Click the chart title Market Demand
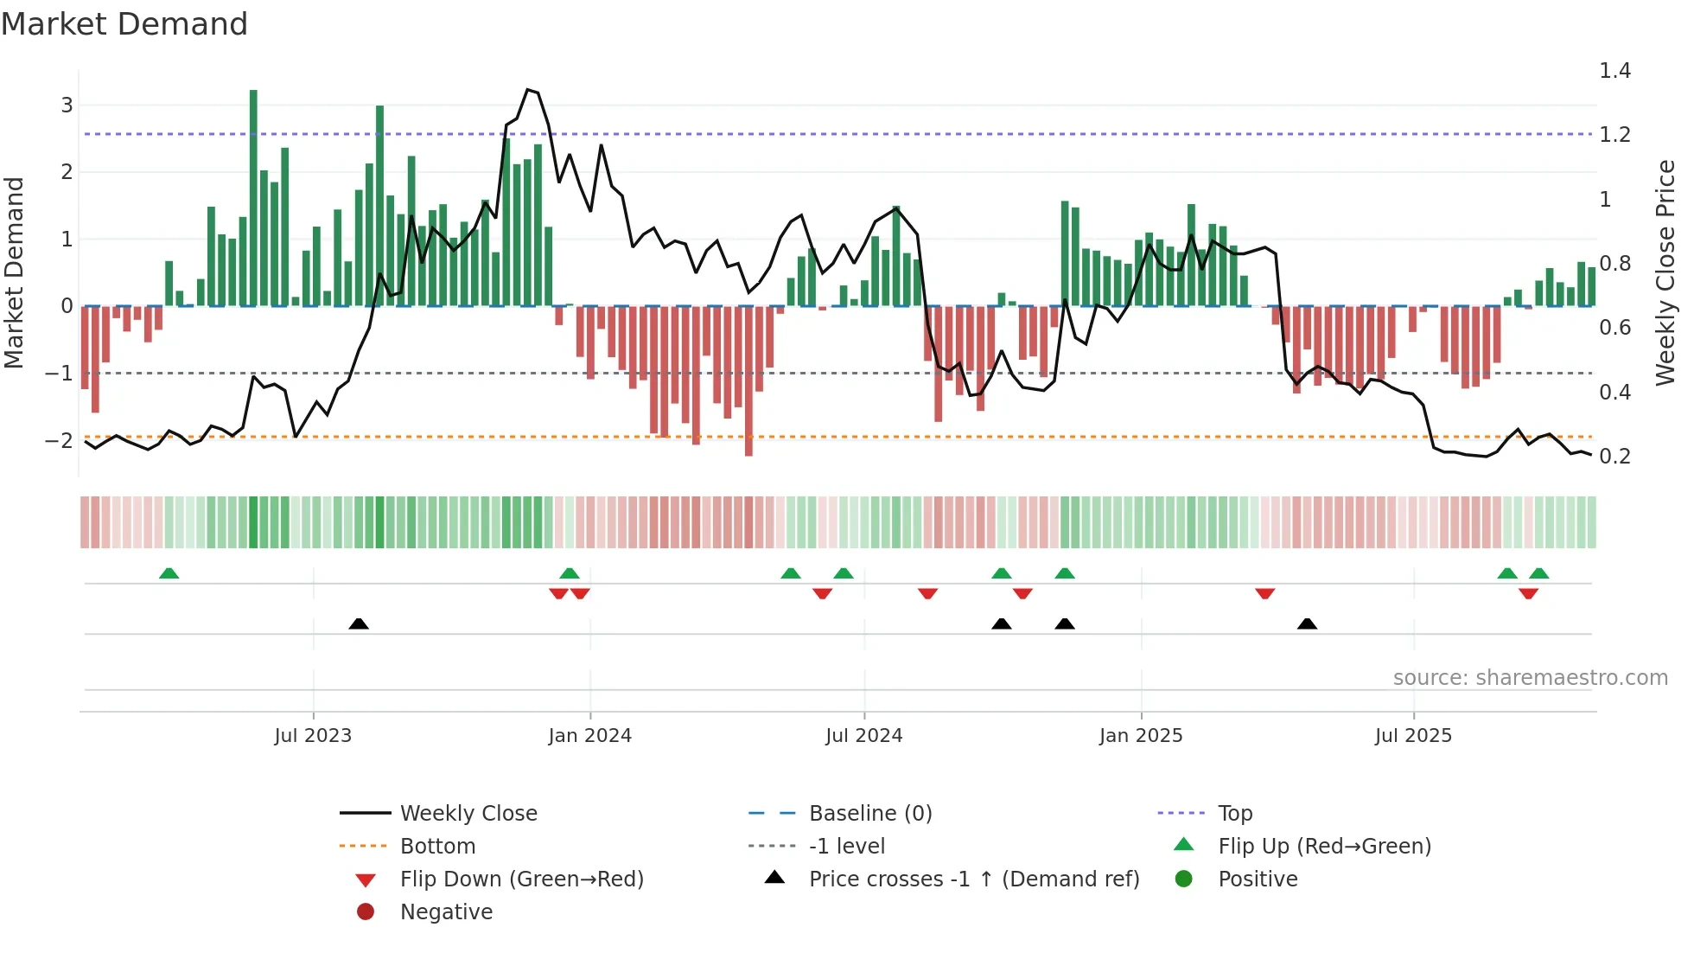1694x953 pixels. (124, 24)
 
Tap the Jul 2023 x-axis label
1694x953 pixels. (313, 736)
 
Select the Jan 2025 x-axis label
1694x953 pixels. (1141, 736)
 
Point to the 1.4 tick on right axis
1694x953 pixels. (1614, 71)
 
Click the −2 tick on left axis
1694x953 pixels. (59, 440)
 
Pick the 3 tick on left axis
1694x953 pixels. (67, 106)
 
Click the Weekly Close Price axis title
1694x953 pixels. (1665, 272)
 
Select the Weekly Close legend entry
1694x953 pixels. (468, 814)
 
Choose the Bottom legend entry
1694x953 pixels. (437, 847)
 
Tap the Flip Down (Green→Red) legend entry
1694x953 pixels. (521, 879)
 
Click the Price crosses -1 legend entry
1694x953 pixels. (973, 879)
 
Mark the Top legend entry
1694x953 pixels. (1235, 814)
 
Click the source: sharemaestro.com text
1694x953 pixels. (1530, 678)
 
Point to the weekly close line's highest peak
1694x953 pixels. (528, 90)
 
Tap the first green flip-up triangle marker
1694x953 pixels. (169, 573)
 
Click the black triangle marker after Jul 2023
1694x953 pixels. (359, 624)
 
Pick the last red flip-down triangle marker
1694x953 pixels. (1528, 593)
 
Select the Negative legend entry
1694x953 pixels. (446, 912)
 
